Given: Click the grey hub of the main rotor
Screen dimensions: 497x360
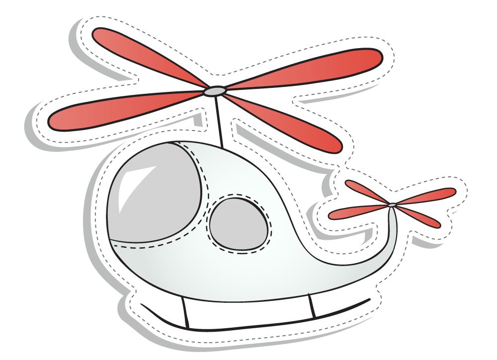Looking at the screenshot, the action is pyautogui.click(x=215, y=91).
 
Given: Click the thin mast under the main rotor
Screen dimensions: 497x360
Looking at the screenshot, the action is pyautogui.click(x=219, y=119).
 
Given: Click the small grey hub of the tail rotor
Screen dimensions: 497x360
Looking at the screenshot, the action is pyautogui.click(x=392, y=205).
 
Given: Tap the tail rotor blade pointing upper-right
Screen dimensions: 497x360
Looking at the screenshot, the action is pyautogui.click(x=427, y=195).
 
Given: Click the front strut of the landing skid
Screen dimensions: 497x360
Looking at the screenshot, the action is pyautogui.click(x=184, y=313).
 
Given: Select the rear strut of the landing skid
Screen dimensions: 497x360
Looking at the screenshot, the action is pyautogui.click(x=313, y=305).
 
